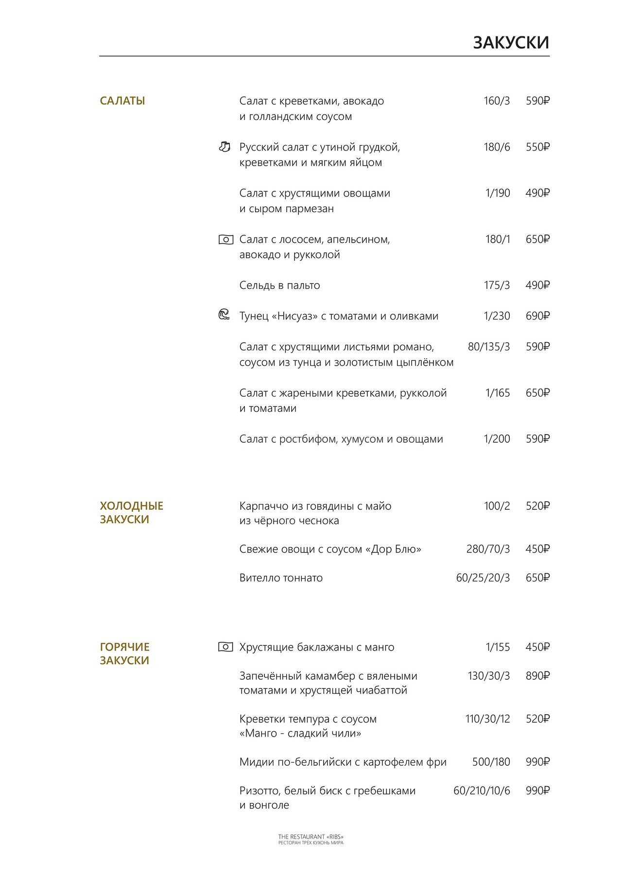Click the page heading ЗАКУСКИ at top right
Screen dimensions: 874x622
click(511, 43)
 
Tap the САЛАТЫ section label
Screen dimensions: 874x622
click(122, 101)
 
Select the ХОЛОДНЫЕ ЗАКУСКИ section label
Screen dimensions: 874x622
click(131, 513)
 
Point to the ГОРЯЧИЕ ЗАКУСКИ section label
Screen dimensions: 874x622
click(124, 654)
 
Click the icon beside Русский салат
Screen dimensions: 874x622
click(225, 147)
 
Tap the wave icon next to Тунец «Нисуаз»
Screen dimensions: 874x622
click(224, 315)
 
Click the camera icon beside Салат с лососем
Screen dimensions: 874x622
click(225, 239)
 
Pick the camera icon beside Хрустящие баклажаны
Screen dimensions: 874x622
click(225, 647)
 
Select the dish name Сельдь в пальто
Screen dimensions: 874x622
click(279, 286)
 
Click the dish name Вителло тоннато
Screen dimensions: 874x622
click(281, 578)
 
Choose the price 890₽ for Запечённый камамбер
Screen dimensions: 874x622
click(537, 676)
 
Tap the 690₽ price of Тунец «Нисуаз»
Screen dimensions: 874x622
click(537, 316)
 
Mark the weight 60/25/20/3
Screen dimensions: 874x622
click(483, 578)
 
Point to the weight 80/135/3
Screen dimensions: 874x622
click(489, 347)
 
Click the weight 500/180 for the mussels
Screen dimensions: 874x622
click(491, 762)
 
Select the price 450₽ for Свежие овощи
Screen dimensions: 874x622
click(537, 549)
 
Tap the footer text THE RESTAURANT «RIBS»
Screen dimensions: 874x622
click(311, 837)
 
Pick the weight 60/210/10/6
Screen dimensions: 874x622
click(482, 790)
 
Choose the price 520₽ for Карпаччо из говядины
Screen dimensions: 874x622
click(537, 506)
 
